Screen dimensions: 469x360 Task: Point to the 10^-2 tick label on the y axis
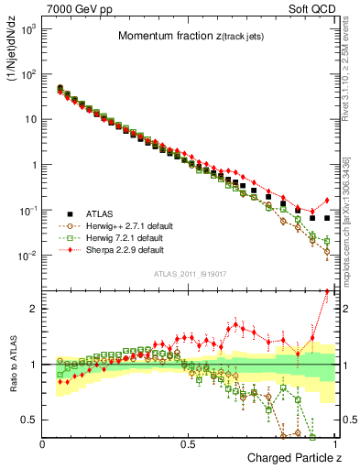coord(27,256)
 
